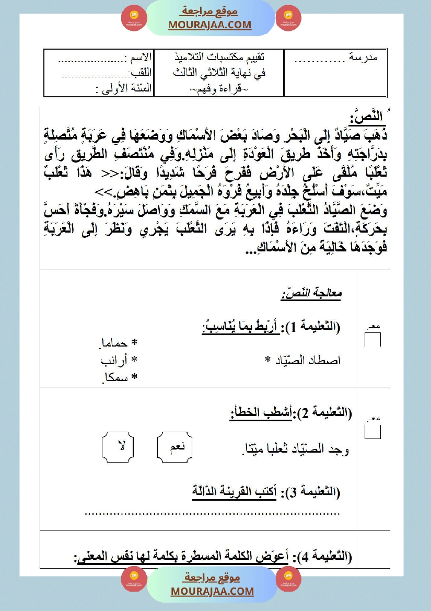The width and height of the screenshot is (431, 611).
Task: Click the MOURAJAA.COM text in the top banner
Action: (x=209, y=25)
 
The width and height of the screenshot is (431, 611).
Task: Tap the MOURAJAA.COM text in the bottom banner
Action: (x=212, y=591)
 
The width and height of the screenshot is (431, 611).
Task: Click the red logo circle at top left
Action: (x=134, y=18)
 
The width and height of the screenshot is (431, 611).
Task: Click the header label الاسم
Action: (x=139, y=56)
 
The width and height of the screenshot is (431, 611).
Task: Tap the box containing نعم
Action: (x=176, y=447)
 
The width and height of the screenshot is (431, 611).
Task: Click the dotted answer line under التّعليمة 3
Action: (x=212, y=513)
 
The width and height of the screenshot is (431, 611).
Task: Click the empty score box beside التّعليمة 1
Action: (x=372, y=340)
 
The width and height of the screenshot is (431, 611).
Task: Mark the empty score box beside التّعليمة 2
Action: (x=372, y=432)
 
